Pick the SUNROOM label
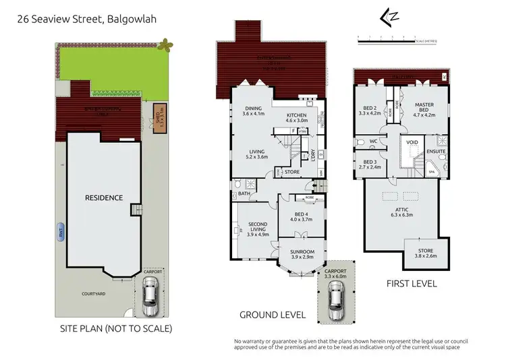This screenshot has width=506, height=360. pos(303,254)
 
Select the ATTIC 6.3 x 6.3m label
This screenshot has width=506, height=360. pos(402,213)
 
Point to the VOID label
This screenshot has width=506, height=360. pos(410,144)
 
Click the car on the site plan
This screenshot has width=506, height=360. pos(150,295)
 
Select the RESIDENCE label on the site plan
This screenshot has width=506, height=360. pos(103,198)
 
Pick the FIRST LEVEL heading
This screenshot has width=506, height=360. pos(411,284)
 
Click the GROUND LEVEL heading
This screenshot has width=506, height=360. pos(273,315)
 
